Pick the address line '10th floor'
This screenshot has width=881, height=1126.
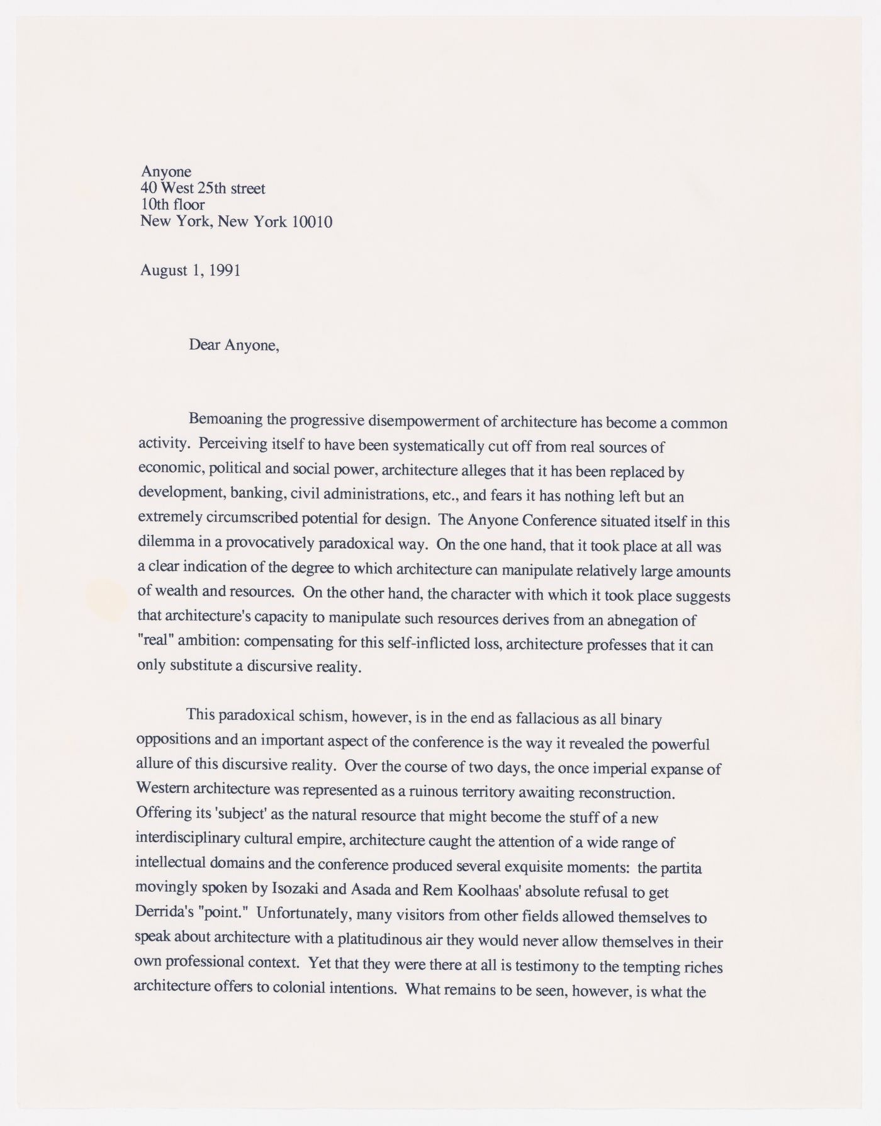172,205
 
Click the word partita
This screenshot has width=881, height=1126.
679,869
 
